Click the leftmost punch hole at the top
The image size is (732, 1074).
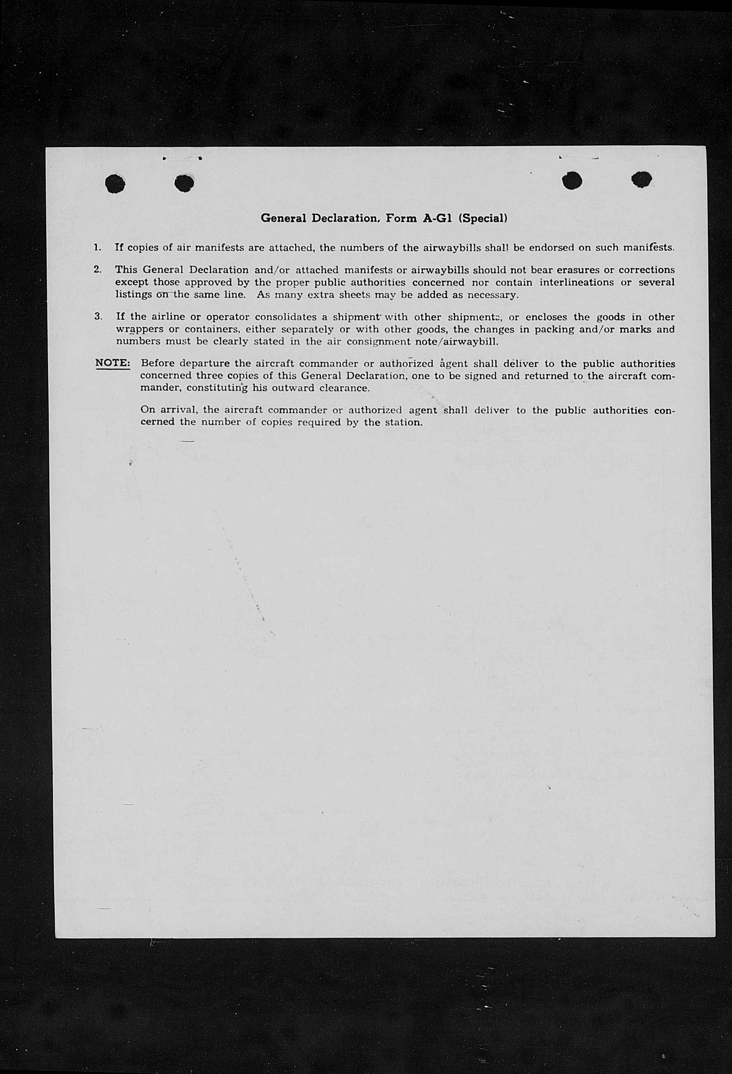pyautogui.click(x=115, y=183)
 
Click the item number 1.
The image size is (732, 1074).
pyautogui.click(x=97, y=247)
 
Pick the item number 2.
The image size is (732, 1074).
pyautogui.click(x=97, y=270)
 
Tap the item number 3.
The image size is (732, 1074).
pyautogui.click(x=97, y=317)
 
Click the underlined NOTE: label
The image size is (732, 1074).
pyautogui.click(x=113, y=363)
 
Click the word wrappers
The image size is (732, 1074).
pyautogui.click(x=140, y=329)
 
